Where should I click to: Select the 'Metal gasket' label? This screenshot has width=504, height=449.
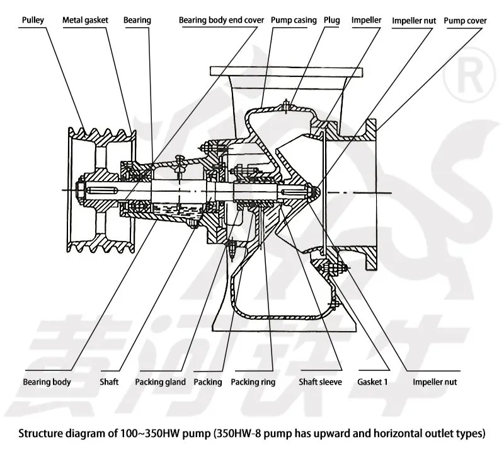pos(85,20)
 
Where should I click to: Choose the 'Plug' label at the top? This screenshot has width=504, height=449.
pos(331,20)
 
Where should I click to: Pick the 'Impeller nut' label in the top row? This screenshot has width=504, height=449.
pos(413,20)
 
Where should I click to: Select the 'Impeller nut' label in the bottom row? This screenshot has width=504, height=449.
pos(434,382)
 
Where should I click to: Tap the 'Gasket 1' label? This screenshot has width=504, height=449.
pos(372,382)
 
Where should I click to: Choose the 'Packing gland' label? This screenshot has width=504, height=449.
pos(160,382)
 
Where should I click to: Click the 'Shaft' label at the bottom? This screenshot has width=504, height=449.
pos(109,382)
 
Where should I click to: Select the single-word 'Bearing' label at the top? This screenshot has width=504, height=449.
pos(137,20)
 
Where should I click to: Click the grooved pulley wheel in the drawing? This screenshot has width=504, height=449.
pos(101,188)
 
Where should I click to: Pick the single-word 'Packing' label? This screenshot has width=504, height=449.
pos(208,382)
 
